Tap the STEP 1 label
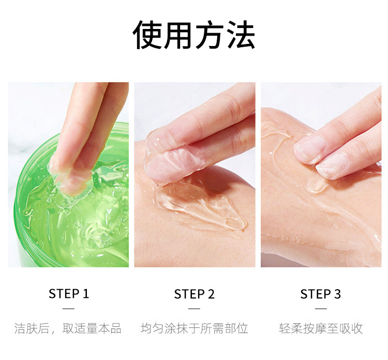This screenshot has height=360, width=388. coord(68,294)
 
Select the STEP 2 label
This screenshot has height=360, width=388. coord(194,294)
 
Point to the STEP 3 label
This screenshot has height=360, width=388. coord(320,294)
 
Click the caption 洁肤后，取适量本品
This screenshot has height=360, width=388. coord(68,328)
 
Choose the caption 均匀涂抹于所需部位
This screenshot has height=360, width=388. coord(194,328)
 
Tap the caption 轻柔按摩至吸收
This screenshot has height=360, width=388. coord(321,328)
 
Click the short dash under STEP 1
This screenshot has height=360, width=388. coord(68,309)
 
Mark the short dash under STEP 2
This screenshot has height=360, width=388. coord(194,309)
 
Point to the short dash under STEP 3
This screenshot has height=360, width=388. coord(321,309)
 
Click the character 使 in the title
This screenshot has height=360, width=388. coord(148,35)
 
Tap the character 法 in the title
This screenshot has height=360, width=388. coord(241,35)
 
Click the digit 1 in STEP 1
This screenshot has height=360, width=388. coord(85,294)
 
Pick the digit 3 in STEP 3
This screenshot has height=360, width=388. coord(337,294)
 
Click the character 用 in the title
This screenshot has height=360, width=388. coord(178,35)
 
